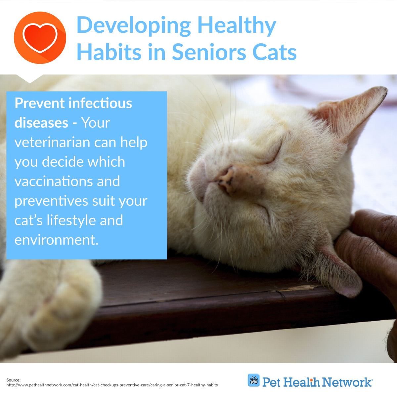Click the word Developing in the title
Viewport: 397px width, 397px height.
[x=134, y=26]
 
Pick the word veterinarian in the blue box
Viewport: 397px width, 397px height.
[x=52, y=142]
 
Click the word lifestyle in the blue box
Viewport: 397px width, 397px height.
[x=71, y=220]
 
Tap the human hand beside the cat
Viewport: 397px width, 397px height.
[x=371, y=257]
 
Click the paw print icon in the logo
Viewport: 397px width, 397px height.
[x=254, y=380]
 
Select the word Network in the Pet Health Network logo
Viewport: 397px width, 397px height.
[x=346, y=382]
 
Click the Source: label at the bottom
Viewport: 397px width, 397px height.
[x=13, y=380]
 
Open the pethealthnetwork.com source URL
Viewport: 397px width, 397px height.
[x=112, y=385]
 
